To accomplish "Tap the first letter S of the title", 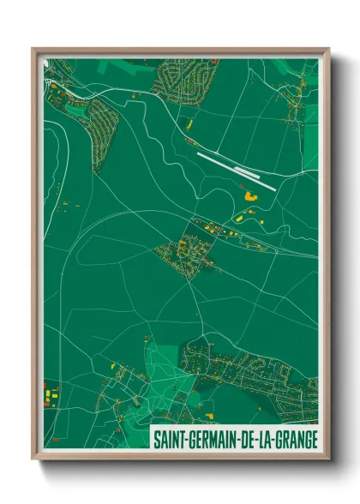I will click(x=156, y=438).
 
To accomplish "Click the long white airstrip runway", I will click(x=236, y=171).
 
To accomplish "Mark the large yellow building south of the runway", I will click(x=251, y=196).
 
